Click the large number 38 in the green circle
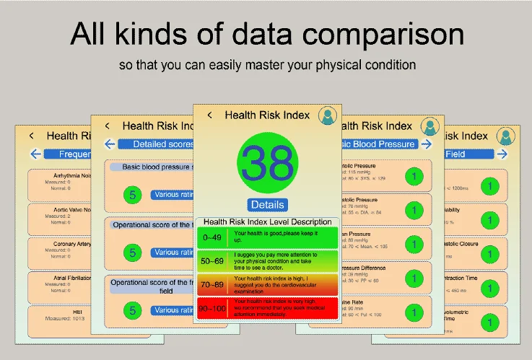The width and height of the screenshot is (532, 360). (266, 164)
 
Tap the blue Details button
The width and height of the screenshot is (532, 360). (266, 204)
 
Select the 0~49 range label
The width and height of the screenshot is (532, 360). (212, 237)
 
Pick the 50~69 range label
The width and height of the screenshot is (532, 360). (212, 259)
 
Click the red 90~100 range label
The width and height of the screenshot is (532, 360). (212, 307)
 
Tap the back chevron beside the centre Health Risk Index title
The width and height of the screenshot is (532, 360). (209, 115)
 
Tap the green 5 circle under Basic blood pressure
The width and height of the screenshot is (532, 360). (132, 194)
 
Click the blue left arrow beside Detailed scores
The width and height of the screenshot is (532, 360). (110, 144)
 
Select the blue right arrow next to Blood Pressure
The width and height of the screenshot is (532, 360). (426, 144)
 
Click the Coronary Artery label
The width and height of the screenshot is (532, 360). (72, 245)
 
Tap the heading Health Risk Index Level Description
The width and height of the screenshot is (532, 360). (267, 222)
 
